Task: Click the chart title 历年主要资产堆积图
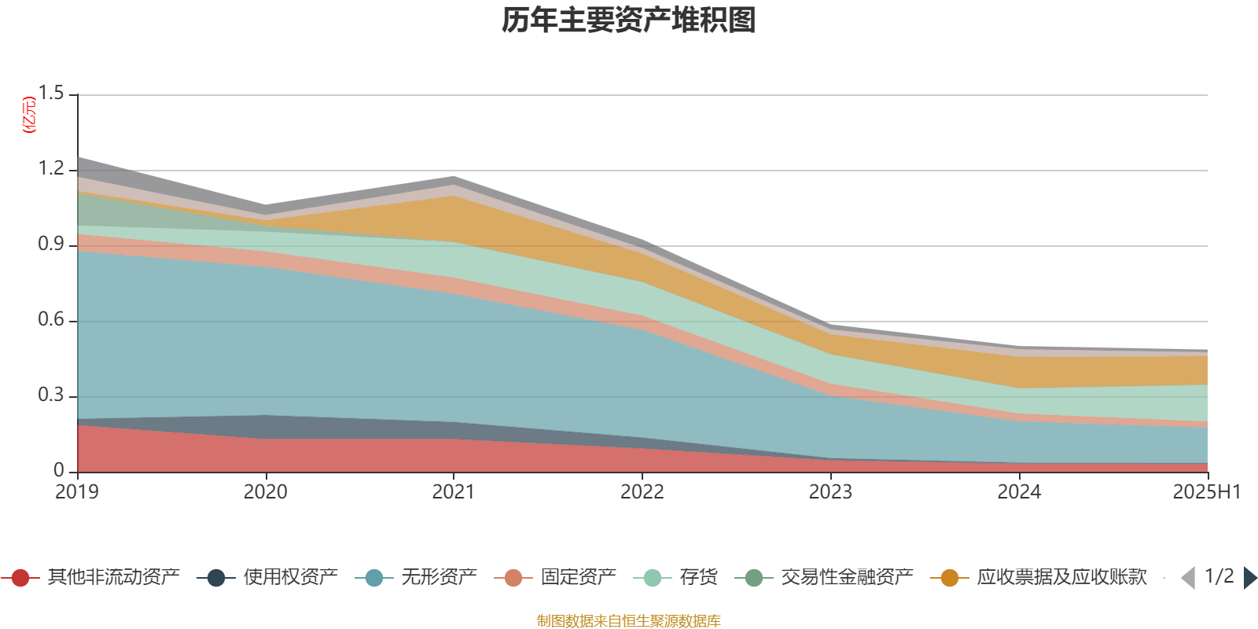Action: (x=629, y=20)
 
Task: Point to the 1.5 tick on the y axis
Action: (x=52, y=94)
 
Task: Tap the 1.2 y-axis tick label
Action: (x=52, y=169)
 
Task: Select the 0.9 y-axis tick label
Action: (x=52, y=245)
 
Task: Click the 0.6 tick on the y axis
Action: (x=52, y=320)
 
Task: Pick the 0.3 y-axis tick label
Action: (x=52, y=395)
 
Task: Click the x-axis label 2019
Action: (x=77, y=492)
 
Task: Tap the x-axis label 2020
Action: (x=265, y=492)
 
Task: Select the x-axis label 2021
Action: (x=454, y=492)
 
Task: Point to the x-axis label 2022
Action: (x=642, y=492)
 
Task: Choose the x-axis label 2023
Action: (x=831, y=492)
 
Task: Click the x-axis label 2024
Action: (x=1019, y=492)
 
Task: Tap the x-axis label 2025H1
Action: (x=1206, y=492)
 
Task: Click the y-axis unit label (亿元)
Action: (x=30, y=115)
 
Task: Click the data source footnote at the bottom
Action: (x=629, y=621)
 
